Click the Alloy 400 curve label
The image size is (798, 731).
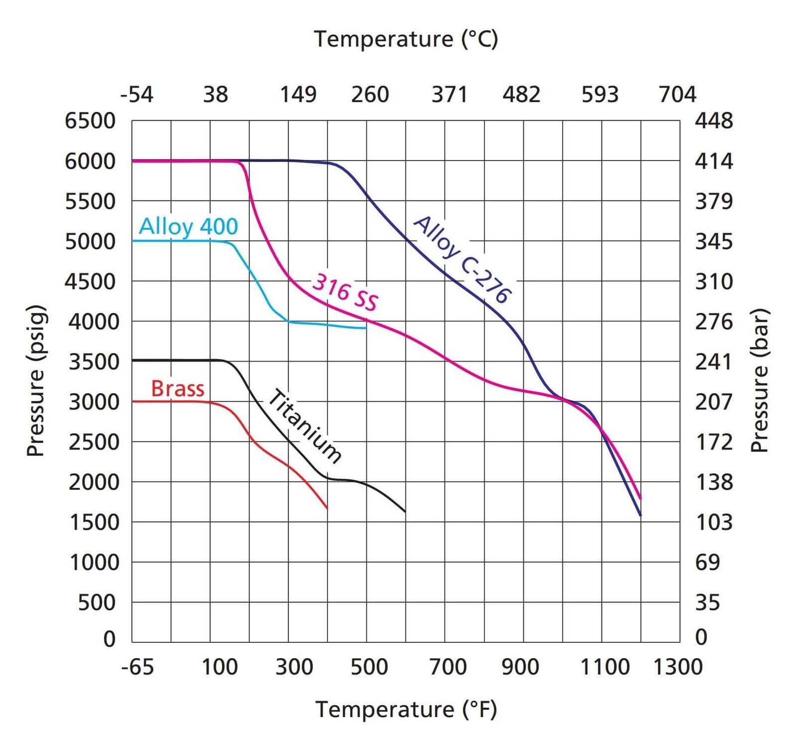[x=188, y=227]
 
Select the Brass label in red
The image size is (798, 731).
[x=178, y=389]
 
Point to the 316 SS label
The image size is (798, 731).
[x=345, y=292]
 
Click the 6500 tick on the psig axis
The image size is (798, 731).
[x=90, y=121]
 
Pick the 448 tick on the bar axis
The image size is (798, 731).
[x=714, y=121]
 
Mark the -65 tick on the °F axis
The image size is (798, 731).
[x=137, y=667]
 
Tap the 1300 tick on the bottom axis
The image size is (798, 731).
[x=677, y=667]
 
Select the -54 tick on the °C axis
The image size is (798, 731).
[x=137, y=95]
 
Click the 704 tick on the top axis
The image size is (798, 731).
[x=677, y=95]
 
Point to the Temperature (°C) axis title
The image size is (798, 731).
[x=406, y=39]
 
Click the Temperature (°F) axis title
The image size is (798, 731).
[x=406, y=709]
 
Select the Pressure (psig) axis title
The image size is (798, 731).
[x=36, y=381]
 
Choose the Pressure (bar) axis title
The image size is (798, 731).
[x=760, y=381]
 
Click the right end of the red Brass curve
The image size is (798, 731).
[x=327, y=508]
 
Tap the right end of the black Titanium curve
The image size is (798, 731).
[x=405, y=511]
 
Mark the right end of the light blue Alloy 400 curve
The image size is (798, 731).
[x=367, y=328]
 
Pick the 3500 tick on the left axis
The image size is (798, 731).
[x=94, y=362]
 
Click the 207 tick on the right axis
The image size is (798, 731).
[x=714, y=402]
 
